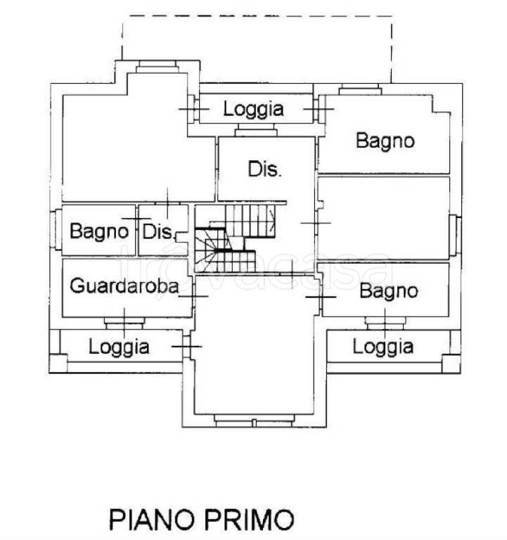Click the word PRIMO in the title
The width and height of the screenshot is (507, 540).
(248, 520)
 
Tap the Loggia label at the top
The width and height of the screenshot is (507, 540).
(253, 109)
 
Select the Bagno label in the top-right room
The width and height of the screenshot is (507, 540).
(385, 140)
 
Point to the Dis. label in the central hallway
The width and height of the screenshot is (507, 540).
(265, 169)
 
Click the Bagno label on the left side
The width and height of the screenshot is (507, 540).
(99, 230)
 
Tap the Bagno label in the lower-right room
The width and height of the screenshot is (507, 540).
(388, 290)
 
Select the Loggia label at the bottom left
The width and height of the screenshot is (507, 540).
(119, 346)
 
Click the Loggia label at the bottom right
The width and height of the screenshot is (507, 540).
(383, 346)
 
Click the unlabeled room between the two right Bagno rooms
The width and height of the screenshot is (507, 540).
(383, 218)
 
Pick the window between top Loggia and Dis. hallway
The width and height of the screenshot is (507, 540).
(255, 130)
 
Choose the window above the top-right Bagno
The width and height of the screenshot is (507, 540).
(360, 90)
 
